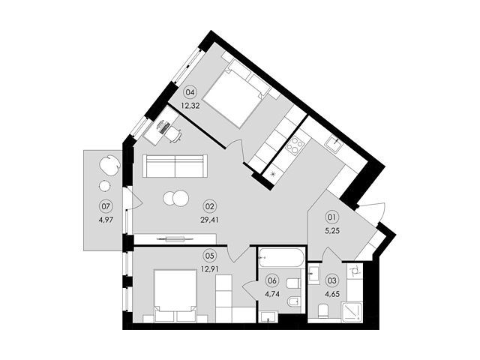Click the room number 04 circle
(x=190, y=92)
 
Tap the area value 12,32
(x=190, y=106)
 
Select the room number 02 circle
(x=209, y=206)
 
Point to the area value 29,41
(x=209, y=220)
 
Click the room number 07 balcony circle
(x=106, y=206)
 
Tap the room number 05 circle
(x=209, y=255)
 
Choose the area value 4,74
(x=272, y=295)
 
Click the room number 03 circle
(x=332, y=280)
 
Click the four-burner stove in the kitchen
(x=295, y=145)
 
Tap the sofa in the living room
(x=175, y=166)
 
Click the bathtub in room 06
(x=281, y=258)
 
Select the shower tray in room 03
(x=352, y=311)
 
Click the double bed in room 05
(x=175, y=295)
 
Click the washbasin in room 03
(x=314, y=274)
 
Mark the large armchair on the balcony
(x=109, y=165)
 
